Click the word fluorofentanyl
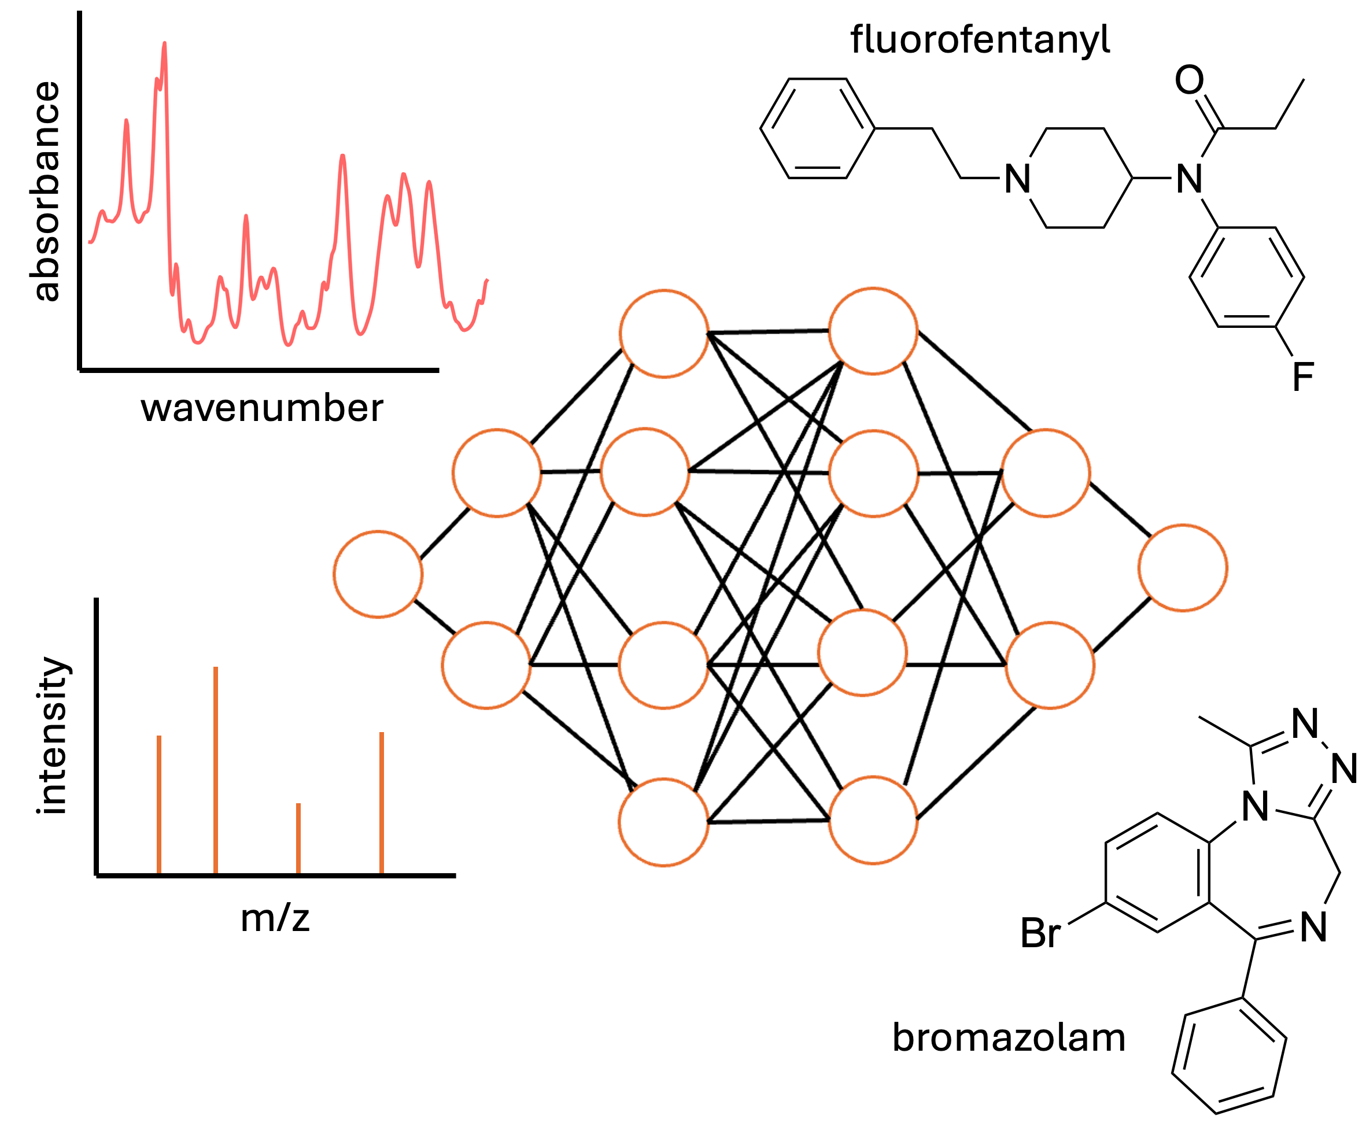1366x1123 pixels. [979, 40]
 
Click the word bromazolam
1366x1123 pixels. [1009, 1038]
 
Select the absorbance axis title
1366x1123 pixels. [45, 191]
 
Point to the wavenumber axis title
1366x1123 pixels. [262, 409]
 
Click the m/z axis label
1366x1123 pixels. [275, 917]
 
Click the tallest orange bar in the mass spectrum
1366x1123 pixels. [215, 770]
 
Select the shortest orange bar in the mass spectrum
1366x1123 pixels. [298, 838]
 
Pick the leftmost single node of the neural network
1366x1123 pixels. [378, 574]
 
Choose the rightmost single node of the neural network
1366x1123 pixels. [1183, 568]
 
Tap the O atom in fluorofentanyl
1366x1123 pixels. [1190, 80]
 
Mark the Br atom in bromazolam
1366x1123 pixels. [1040, 933]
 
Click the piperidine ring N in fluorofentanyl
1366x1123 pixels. [1017, 179]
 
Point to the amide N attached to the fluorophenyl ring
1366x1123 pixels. [1190, 179]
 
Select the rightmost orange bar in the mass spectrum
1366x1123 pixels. [382, 803]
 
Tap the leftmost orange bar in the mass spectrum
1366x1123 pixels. [159, 805]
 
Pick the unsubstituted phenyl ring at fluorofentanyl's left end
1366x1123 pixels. [818, 128]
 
